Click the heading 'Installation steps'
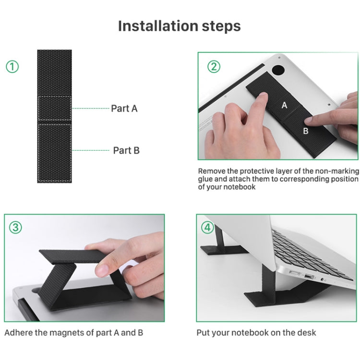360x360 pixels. point(180,26)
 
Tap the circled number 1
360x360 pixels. point(12,67)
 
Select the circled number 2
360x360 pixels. point(214,67)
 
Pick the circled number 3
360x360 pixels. point(15,228)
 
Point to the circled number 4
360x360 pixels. point(207,228)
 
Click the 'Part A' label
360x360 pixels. point(124,108)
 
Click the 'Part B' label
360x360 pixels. point(126,150)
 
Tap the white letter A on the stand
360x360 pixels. point(284,106)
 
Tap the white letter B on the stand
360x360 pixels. point(306,131)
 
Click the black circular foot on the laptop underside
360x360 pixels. point(278,70)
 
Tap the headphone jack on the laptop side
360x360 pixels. point(323,280)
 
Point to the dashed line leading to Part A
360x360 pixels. point(91,108)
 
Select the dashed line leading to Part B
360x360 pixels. point(91,150)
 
